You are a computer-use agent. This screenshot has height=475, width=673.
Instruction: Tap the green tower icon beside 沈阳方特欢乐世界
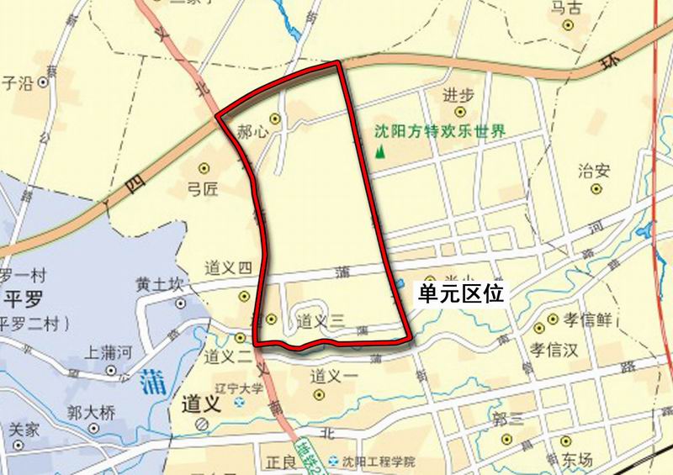pos(380,151)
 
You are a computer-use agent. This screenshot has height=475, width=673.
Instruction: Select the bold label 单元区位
pos(462,297)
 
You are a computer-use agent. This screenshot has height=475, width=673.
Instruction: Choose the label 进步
pos(458,94)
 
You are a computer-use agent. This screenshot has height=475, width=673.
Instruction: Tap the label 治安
pos(593,171)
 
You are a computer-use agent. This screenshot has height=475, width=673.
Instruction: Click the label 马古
pos(566,8)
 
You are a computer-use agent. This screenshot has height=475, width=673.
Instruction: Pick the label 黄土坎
pos(159,284)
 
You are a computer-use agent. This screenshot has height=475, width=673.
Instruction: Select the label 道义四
pos(228,269)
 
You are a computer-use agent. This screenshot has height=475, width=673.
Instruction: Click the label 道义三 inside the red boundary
pos(321,320)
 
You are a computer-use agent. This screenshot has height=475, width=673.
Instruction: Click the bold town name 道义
pos(199,404)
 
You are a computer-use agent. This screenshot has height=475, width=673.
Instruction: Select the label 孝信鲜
pos(585,319)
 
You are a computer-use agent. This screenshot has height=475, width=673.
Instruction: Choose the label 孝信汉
pos(555,349)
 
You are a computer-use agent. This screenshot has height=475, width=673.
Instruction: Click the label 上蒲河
pos(109,353)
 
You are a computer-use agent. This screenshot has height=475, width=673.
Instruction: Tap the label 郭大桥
pos(90,413)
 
